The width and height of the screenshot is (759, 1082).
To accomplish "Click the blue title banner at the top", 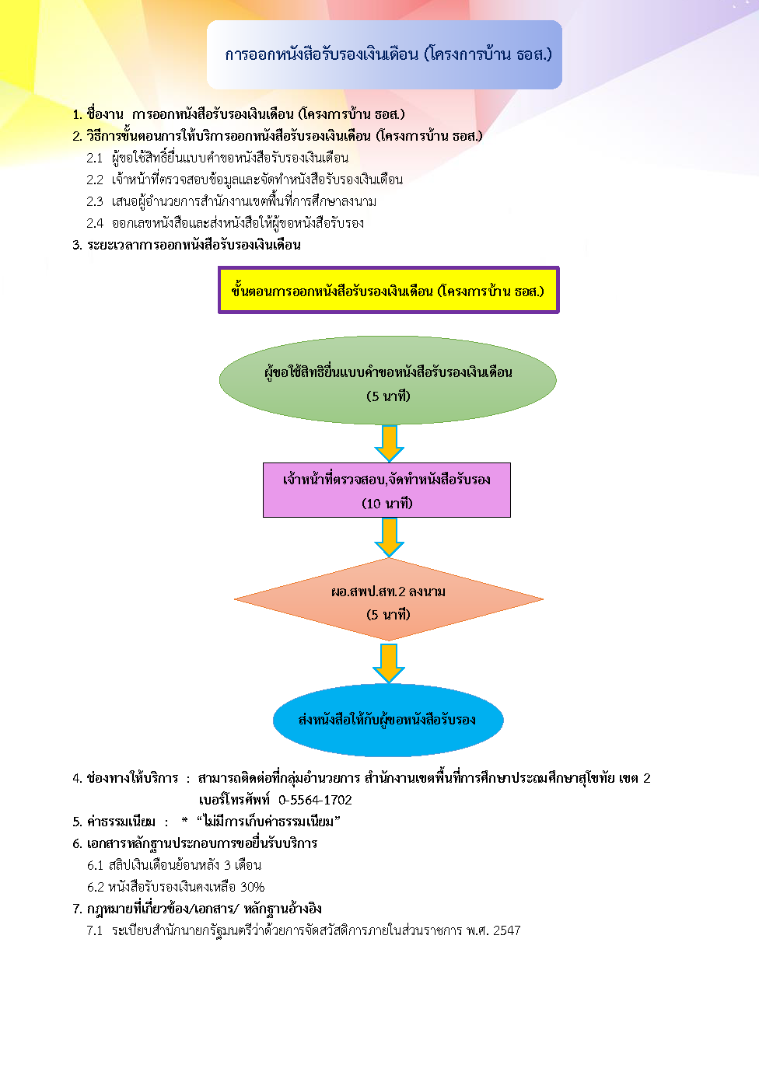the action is (384, 54).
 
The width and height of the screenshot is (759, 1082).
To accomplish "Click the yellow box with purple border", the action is (388, 290).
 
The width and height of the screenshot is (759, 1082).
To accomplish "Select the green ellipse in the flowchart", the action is (387, 380).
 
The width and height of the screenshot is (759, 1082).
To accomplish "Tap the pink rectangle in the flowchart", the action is (386, 490).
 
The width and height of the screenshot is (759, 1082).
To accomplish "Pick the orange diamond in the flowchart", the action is (388, 599).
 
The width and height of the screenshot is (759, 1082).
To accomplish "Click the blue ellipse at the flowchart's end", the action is (388, 720).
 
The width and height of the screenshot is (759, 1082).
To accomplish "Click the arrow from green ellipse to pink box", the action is (390, 443).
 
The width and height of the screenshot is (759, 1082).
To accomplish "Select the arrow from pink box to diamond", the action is (390, 537).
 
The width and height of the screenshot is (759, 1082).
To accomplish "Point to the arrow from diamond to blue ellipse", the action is (389, 663).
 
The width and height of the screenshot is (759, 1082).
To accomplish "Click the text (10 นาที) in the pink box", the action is (387, 504).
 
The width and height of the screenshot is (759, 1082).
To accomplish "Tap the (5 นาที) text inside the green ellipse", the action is (388, 396).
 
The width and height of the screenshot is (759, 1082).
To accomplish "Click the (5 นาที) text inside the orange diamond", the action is (388, 614).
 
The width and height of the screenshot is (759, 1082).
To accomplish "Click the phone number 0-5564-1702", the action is (315, 800).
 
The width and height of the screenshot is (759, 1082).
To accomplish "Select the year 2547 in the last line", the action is (506, 930).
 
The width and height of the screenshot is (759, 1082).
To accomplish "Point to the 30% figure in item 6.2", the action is (252, 887).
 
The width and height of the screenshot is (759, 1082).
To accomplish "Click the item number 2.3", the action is (95, 201).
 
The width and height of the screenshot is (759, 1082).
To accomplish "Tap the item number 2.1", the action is (95, 158).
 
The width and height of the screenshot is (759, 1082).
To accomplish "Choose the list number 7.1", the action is (95, 930).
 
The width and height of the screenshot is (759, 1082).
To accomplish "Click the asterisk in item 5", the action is (184, 820).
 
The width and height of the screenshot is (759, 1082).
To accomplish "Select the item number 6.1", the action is (95, 865).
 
